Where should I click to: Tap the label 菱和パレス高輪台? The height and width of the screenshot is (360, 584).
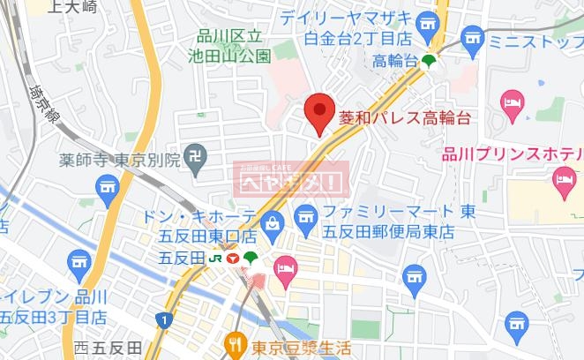[404, 116]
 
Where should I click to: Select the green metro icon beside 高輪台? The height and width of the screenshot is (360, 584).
[429, 61]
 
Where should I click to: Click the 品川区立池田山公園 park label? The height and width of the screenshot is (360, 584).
[234, 47]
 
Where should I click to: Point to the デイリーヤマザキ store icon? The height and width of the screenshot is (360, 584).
[428, 21]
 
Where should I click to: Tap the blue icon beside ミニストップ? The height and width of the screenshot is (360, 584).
[472, 39]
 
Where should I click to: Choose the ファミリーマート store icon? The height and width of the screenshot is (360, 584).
[305, 214]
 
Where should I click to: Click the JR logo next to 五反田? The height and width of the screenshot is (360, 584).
[214, 259]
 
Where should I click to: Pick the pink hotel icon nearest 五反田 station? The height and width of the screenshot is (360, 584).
[286, 265]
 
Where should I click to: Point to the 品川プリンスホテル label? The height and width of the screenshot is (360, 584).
[513, 155]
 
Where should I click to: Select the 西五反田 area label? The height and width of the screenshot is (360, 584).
[109, 349]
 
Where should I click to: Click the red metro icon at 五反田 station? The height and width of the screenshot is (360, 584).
[232, 259]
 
